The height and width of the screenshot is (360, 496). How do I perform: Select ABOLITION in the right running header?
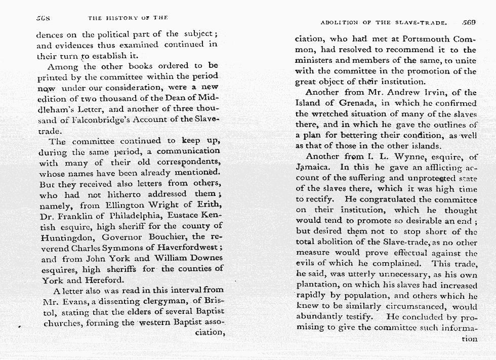point(339,23)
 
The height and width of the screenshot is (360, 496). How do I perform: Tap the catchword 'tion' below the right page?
point(468,338)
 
